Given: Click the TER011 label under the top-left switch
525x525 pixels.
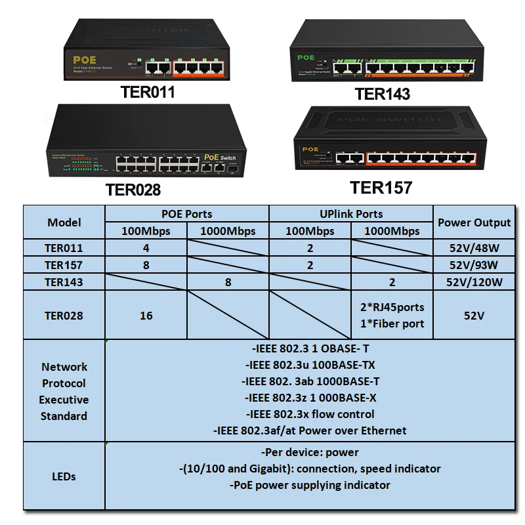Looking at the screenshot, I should click(x=148, y=92).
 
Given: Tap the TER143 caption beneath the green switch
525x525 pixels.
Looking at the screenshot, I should click(x=383, y=94).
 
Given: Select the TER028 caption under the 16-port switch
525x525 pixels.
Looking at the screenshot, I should click(x=133, y=190).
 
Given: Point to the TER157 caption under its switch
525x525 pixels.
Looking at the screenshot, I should click(x=381, y=188).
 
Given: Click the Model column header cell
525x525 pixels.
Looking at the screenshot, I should click(x=64, y=222).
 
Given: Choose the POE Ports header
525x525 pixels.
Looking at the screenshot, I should click(x=187, y=214).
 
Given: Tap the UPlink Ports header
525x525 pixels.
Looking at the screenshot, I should click(x=350, y=214).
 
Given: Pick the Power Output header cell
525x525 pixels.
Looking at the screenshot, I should click(x=474, y=222).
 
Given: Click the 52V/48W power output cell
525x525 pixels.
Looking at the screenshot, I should click(x=474, y=248).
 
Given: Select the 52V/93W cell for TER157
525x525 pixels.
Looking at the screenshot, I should click(x=474, y=265).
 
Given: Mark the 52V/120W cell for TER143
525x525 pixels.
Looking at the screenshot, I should click(x=474, y=282).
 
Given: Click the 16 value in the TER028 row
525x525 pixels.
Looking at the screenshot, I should click(x=146, y=316).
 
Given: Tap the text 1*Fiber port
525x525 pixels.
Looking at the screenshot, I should click(x=392, y=324).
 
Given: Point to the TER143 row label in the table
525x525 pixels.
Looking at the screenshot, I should click(x=64, y=282).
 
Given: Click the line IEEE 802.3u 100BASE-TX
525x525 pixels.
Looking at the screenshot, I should click(x=310, y=365).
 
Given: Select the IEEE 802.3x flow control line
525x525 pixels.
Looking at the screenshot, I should click(x=310, y=414).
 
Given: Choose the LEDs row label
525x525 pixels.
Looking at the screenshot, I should click(x=64, y=476).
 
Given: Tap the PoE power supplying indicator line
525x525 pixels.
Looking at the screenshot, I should click(x=310, y=485).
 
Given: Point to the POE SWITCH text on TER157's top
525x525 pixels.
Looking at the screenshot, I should click(x=385, y=120).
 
